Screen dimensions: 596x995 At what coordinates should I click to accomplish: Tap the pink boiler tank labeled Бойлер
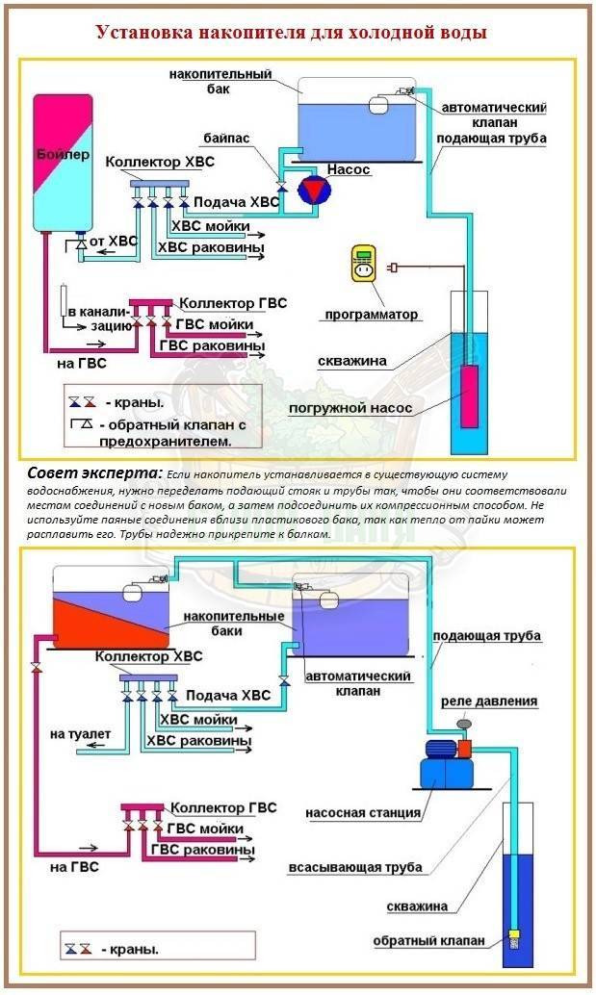[64, 163]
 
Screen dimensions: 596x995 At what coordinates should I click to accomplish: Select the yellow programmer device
[363, 266]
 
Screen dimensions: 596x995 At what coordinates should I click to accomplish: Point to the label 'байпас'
[226, 138]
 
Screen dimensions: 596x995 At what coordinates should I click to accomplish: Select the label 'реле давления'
[489, 702]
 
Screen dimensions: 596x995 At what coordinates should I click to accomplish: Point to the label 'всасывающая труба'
[355, 867]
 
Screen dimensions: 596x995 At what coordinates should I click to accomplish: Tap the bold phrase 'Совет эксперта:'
[95, 474]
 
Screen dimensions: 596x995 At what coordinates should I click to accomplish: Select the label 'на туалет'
[80, 734]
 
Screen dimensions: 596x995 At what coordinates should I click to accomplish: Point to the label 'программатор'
[372, 314]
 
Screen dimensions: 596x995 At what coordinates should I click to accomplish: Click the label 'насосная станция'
[363, 813]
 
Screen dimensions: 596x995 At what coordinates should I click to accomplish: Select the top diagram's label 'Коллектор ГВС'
[233, 303]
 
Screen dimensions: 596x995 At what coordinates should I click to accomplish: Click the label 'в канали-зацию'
[99, 319]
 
